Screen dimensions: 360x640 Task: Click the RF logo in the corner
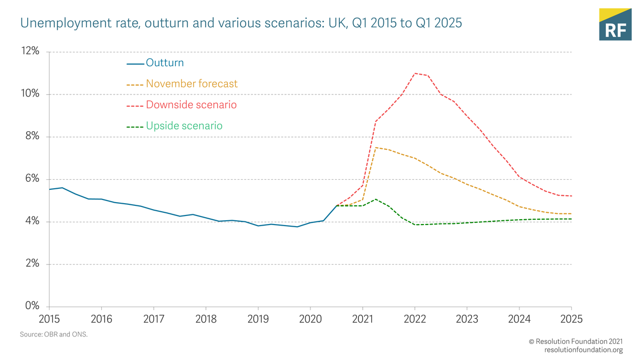615,24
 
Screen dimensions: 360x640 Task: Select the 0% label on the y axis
31,306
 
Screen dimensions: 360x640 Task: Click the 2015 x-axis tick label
49,319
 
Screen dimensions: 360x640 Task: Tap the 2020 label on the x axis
310,319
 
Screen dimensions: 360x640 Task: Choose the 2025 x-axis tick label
571,319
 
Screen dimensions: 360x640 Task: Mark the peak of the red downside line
415,74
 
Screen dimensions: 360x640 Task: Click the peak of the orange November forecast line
376,147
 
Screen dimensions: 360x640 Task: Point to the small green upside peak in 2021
376,199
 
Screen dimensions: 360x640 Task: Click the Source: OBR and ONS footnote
53,334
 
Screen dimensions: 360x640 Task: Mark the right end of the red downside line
571,196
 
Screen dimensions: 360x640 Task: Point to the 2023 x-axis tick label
467,319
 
